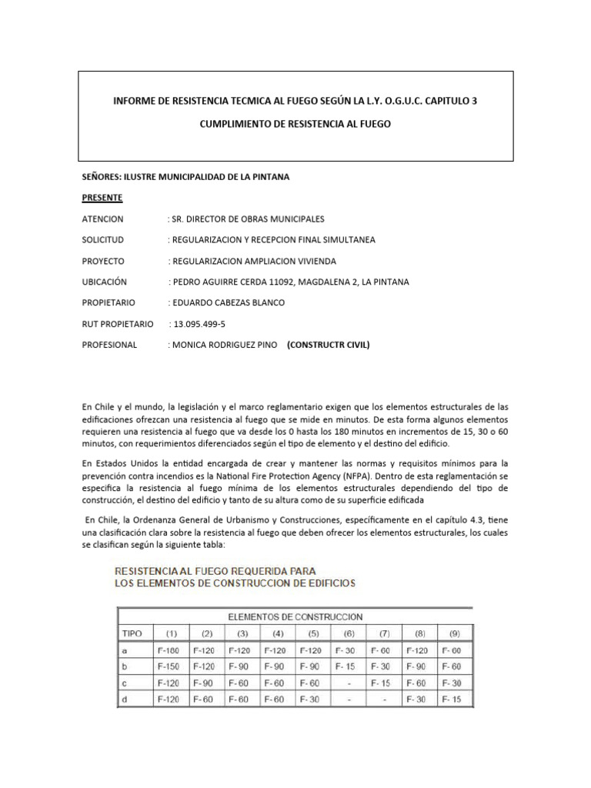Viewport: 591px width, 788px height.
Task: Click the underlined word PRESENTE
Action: (102, 198)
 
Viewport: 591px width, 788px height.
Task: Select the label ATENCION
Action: (102, 219)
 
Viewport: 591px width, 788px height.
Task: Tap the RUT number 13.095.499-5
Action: (196, 324)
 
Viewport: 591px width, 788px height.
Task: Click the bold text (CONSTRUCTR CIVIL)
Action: (328, 345)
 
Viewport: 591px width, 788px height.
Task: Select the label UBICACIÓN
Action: (104, 282)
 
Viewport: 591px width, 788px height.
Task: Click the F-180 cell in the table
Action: (172, 651)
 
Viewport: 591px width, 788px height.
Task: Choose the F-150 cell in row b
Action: (172, 666)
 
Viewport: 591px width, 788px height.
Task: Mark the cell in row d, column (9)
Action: (454, 699)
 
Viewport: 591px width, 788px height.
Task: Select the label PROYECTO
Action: (103, 261)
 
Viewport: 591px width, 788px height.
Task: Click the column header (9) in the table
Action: (454, 633)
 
